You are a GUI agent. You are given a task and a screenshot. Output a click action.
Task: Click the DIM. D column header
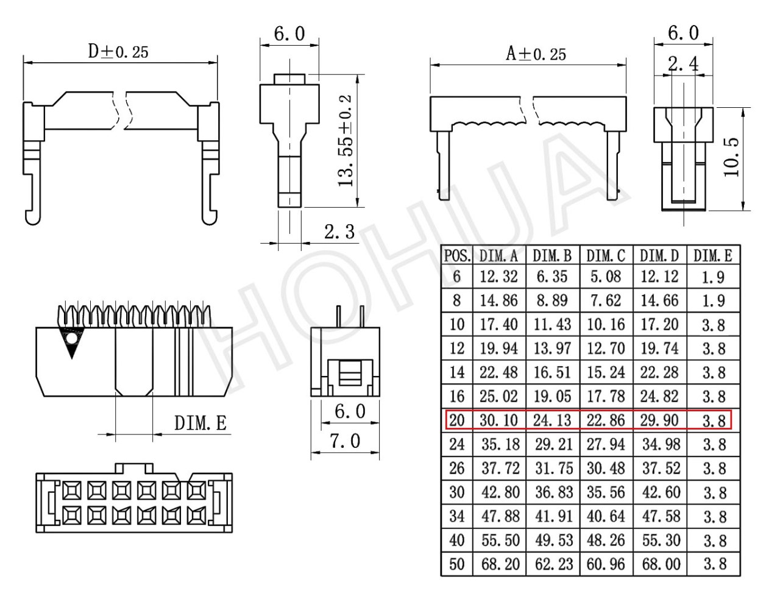(x=659, y=256)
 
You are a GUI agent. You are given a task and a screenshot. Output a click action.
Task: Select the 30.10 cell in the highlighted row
(x=498, y=420)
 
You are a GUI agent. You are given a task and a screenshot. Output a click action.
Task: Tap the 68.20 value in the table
(x=500, y=564)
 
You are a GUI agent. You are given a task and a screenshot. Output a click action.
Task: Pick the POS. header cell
(x=457, y=256)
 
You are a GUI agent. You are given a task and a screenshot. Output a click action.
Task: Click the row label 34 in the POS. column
(x=457, y=516)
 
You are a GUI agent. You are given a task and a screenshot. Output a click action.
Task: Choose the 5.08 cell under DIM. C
(x=606, y=277)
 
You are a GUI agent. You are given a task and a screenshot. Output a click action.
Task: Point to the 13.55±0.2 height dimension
(x=346, y=141)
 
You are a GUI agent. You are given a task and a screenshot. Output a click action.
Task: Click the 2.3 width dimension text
(x=339, y=232)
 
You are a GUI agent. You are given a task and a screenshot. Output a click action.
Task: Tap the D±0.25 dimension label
(x=118, y=52)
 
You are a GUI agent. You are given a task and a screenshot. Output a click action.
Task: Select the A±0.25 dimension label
(x=536, y=54)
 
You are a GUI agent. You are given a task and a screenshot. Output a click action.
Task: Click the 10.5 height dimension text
(x=731, y=157)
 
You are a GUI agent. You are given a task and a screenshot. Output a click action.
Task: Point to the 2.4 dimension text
(x=684, y=65)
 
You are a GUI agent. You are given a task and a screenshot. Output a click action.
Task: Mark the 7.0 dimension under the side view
(x=345, y=441)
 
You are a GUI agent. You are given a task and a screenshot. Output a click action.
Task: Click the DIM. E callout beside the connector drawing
(x=200, y=423)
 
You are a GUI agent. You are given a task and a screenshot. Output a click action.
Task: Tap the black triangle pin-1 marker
(x=72, y=344)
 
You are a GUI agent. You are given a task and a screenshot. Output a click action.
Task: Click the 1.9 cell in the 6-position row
(x=713, y=277)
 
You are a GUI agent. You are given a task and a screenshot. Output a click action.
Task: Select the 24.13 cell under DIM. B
(x=552, y=420)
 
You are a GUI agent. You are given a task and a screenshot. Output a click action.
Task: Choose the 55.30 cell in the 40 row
(x=661, y=540)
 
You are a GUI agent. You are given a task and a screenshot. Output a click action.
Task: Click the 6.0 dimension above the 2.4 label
(x=683, y=34)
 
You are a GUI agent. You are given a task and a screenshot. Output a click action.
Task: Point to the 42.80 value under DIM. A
(x=500, y=492)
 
